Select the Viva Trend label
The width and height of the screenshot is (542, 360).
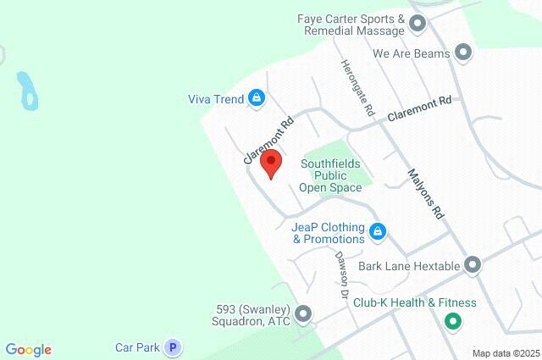(215, 99)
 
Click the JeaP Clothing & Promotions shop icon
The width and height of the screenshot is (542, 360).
(379, 230)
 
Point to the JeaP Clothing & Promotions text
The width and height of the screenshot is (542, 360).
(328, 233)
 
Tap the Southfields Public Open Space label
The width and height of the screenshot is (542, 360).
(331, 175)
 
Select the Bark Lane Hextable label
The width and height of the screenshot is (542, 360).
(409, 266)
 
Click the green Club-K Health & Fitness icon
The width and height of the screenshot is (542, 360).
(451, 322)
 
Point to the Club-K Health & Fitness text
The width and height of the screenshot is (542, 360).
(415, 302)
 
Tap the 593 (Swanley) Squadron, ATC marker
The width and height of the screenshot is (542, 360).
(304, 314)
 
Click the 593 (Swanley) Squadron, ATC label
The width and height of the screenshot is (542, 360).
(252, 314)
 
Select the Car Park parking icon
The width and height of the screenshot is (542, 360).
(173, 346)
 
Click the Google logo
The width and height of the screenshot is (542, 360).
(28, 350)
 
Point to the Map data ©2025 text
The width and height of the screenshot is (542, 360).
(506, 353)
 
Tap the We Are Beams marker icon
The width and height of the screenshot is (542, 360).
(462, 53)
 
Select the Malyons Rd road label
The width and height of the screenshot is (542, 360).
(425, 194)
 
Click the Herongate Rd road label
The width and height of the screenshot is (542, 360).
(357, 88)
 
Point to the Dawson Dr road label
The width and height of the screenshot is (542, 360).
(341, 276)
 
